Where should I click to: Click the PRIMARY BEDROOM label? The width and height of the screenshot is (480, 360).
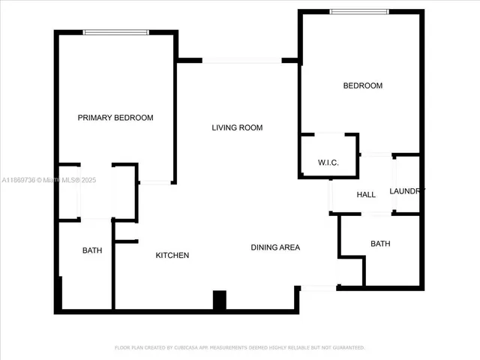pos(115,118)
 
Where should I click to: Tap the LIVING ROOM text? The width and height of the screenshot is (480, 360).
pos(237,127)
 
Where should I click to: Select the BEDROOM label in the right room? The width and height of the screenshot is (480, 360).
pos(362,85)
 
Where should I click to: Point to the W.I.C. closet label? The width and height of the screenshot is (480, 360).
pos(328,163)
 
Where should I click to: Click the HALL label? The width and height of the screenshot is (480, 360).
pos(366,195)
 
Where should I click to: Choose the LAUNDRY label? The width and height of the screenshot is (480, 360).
pos(407,191)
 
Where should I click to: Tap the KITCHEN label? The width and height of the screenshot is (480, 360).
pos(172,256)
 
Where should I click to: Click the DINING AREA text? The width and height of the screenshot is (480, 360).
pos(275,247)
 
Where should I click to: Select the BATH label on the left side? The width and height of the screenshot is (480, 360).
pos(92,250)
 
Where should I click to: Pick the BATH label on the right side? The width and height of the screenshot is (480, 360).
pos(380,244)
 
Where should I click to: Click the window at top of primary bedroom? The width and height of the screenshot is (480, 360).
pos(115,31)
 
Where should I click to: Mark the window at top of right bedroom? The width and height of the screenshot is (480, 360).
pos(360,11)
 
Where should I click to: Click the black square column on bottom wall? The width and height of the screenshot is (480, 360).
pos(220,300)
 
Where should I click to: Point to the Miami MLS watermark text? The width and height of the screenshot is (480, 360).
pos(49,180)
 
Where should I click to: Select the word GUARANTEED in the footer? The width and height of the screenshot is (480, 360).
pos(346,348)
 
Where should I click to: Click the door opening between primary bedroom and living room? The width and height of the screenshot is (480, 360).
pos(156,182)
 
